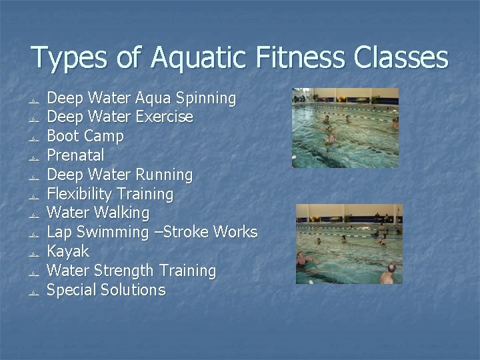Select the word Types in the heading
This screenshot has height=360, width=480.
68,59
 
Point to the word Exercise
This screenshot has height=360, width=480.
164,117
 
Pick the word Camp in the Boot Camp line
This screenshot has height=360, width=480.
105,137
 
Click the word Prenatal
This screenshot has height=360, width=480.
75,156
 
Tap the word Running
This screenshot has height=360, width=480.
163,175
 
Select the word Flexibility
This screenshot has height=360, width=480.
80,195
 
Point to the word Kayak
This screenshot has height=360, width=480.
67,251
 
